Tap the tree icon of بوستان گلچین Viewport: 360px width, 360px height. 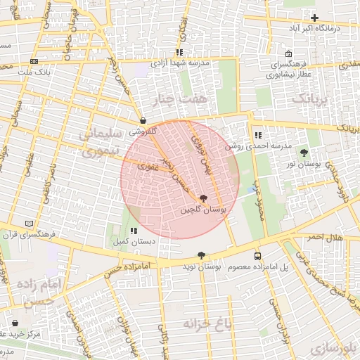pyautogui.click(x=204, y=199)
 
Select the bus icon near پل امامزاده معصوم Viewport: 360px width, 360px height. pyautogui.click(x=257, y=257)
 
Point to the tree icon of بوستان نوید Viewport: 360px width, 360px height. pyautogui.click(x=202, y=256)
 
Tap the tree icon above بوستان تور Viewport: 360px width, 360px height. pyautogui.click(x=304, y=153)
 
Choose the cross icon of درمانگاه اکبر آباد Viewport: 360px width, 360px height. pyautogui.click(x=314, y=18)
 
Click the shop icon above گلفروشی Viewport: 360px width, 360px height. pyautogui.click(x=143, y=120)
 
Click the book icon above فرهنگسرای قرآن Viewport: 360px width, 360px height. pyautogui.click(x=29, y=223)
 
